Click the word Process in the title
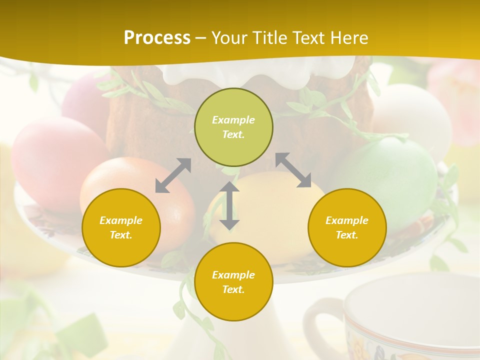[x=157, y=38]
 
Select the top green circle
[x=233, y=127]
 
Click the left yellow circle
[x=121, y=227]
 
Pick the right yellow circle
[x=347, y=227]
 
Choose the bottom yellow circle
[x=233, y=281]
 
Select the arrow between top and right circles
[x=293, y=170]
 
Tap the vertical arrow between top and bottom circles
[x=229, y=205]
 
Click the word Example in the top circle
[x=233, y=120]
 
